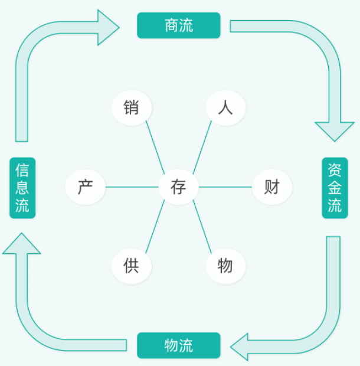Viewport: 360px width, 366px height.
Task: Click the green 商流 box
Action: pos(178,25)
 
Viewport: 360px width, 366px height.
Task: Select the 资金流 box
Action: pos(335,188)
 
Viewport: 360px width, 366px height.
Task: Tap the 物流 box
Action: pos(178,345)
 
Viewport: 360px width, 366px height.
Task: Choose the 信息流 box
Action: pos(22,188)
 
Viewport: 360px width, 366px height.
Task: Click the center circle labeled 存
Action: pos(178,187)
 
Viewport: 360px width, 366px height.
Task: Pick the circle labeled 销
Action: pos(132,108)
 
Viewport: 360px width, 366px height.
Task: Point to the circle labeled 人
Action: pos(225,108)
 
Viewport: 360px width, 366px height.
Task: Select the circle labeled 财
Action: pos(271,187)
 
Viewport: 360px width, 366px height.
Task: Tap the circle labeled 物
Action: pos(225,266)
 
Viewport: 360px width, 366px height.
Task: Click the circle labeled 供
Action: pos(132,266)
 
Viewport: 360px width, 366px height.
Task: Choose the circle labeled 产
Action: pos(86,187)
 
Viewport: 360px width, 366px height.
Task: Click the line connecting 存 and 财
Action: pos(225,187)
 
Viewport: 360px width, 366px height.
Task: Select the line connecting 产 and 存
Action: pos(132,187)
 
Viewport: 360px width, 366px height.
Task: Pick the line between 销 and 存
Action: pos(155,148)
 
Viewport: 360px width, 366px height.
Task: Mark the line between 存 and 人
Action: pos(202,148)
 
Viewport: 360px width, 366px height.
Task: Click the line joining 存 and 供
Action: pos(155,227)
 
